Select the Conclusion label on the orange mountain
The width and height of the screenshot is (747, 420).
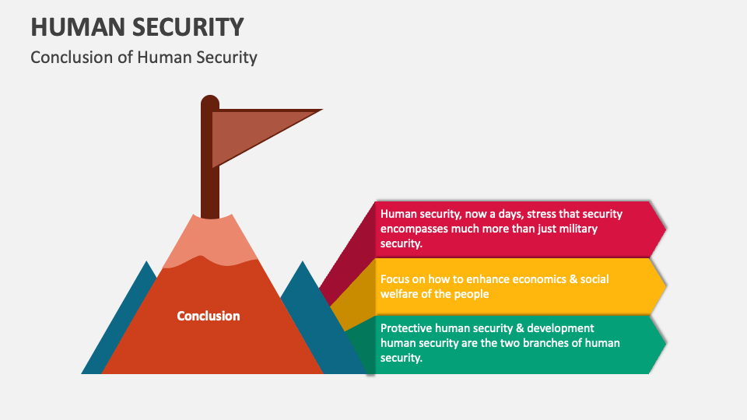click(209, 316)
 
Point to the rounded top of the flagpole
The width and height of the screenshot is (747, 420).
click(210, 102)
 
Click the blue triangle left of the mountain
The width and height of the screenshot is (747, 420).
click(124, 327)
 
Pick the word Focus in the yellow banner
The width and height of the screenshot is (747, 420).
click(395, 278)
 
